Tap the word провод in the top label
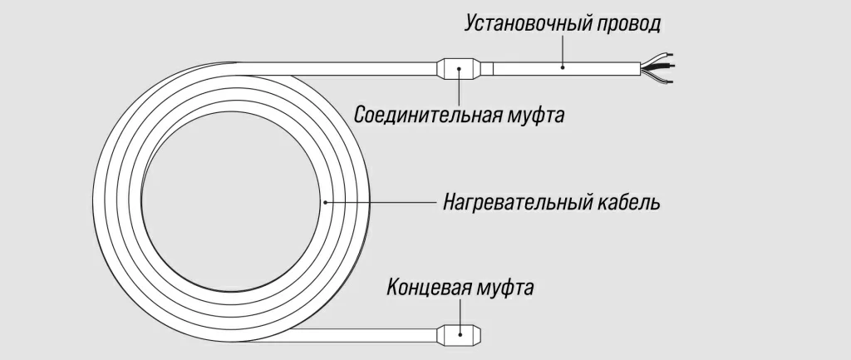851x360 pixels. point(629,23)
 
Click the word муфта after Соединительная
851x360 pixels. point(535,114)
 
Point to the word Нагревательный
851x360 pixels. point(517,202)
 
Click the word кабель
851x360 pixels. point(629,202)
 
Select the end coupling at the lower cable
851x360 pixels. point(460,334)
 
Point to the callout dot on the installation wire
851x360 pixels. point(563,67)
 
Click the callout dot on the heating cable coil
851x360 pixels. point(325,202)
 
